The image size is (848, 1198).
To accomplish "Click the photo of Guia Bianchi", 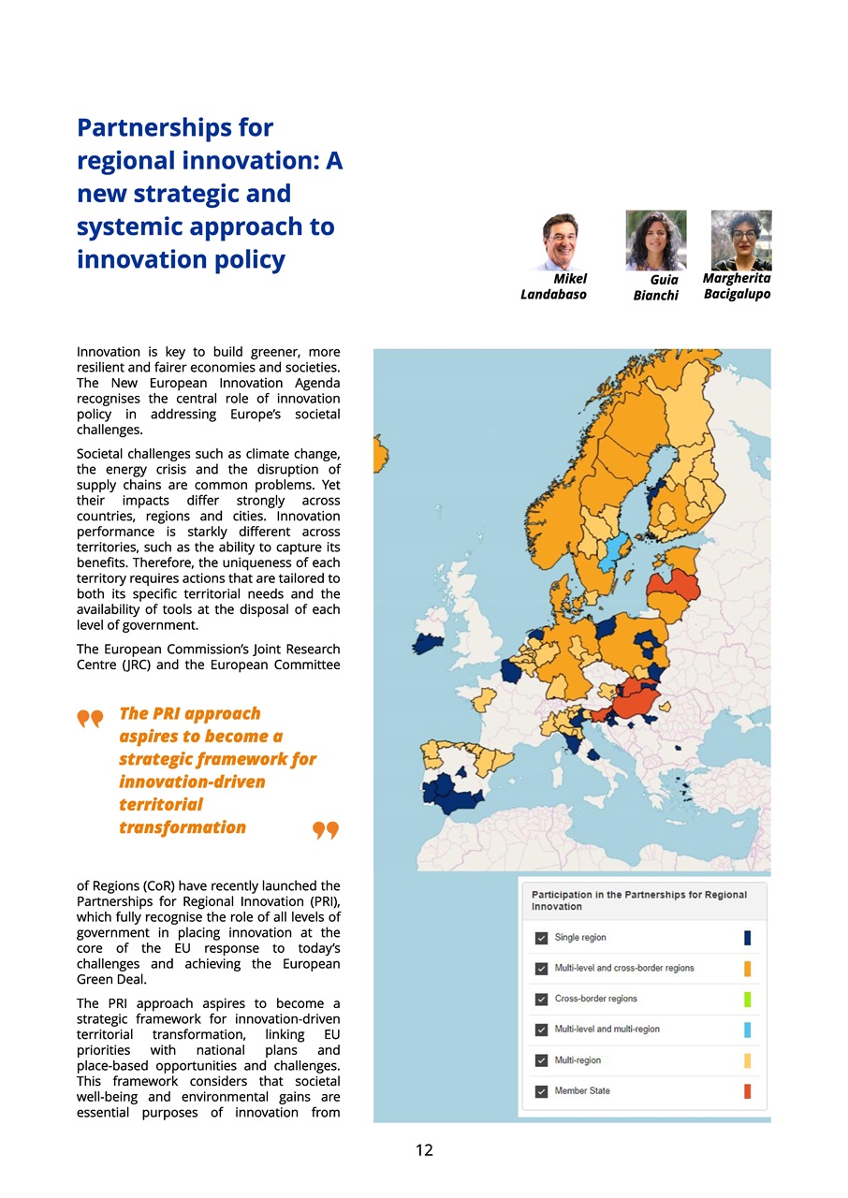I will pos(655,241).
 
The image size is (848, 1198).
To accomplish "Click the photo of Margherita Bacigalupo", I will pos(741,240).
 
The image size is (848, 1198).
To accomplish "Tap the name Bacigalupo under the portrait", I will pos(737,295).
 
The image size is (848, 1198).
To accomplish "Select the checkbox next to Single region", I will pos(541,938).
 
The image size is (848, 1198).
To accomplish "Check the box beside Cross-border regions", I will pos(541,999).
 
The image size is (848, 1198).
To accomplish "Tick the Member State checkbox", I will pos(541,1091).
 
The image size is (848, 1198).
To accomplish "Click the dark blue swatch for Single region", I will pos(748,938).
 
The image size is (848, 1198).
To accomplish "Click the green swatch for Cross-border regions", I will pos(748,999).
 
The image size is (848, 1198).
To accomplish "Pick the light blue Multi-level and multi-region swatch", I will pos(748,1030).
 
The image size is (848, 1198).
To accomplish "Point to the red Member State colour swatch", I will pos(748,1091).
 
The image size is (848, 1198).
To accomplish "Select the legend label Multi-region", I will pos(578,1060).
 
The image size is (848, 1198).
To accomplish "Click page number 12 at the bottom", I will pos(424,1150).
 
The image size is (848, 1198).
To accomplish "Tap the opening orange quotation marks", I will pos(90,719).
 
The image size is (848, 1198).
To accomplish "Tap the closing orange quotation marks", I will pos(325,830).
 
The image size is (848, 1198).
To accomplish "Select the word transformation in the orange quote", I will pos(183,827).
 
